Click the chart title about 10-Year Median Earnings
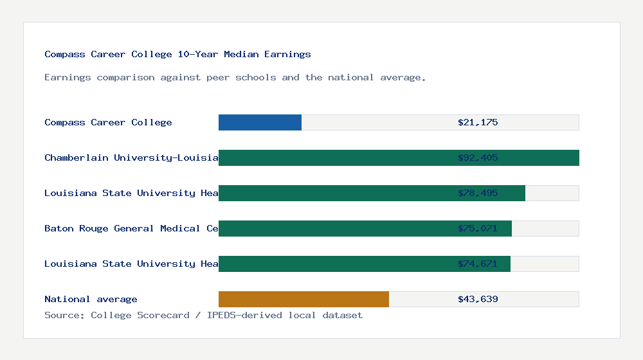coord(177,55)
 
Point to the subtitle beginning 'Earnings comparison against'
coord(235,78)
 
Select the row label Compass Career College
coord(108,122)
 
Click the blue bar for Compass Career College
coord(260,122)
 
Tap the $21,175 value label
coord(478,122)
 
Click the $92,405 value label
coord(478,157)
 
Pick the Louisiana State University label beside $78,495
coord(131,193)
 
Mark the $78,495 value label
coord(478,193)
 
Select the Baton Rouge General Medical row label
coord(131,228)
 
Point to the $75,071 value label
coord(478,228)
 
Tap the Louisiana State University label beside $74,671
coord(131,264)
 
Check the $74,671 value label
coord(478,264)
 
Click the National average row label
coord(91,299)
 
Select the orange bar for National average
coord(303,299)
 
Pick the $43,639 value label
coord(478,299)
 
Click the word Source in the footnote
coord(63,315)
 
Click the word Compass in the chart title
coord(65,55)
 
